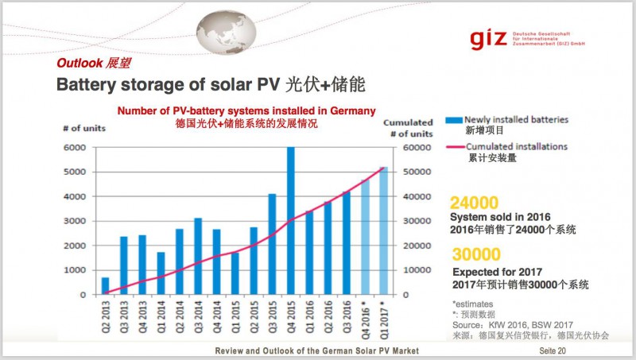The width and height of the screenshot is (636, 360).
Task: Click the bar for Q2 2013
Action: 105,286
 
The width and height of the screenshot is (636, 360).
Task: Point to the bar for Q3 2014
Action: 197,256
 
